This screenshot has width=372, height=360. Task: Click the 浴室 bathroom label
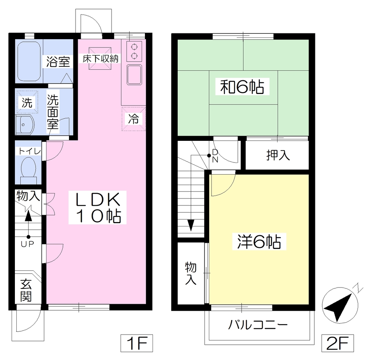pos(58,62)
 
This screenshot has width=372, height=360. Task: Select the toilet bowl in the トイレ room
pos(28,169)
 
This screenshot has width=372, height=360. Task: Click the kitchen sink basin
pos(134,75)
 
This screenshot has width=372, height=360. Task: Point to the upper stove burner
pos(134,47)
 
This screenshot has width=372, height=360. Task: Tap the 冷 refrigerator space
pos(134,119)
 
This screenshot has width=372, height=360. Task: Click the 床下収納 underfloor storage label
pos(100,58)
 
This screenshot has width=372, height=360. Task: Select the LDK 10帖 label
pos(97,208)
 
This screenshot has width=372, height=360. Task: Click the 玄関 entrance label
pos(26,290)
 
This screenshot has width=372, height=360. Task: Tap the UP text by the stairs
pos(28,244)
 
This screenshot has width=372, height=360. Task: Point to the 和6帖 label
pos(242,87)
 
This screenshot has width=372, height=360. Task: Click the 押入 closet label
pos(278,155)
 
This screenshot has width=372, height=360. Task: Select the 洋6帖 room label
pos(259,242)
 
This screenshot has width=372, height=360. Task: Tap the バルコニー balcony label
pos(258,325)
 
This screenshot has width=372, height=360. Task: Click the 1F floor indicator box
pos(137,343)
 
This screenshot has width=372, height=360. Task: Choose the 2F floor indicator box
pos(337,343)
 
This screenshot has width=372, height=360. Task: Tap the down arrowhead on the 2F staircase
pos(191,225)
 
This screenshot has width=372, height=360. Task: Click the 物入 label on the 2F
pos(191,273)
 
